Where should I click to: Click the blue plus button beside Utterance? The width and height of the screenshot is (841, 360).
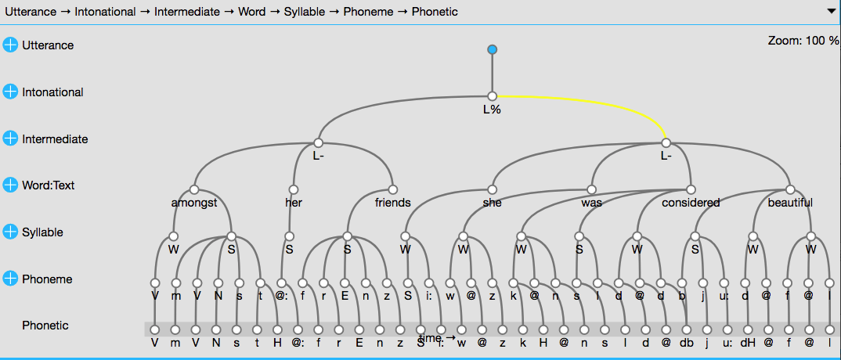(10, 45)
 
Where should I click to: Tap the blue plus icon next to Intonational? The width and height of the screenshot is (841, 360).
(10, 92)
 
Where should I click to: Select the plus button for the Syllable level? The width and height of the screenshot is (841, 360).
(10, 232)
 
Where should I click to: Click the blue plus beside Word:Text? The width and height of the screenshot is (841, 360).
(10, 185)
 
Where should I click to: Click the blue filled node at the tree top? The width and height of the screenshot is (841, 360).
(492, 50)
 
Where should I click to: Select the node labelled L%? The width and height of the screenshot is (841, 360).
(492, 97)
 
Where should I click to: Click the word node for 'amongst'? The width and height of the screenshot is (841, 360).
(194, 189)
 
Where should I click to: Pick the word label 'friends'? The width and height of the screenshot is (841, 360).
(392, 203)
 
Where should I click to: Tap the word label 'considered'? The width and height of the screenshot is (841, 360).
(690, 203)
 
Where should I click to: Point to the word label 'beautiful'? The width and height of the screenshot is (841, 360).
(789, 203)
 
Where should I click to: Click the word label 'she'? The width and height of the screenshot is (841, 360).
(492, 203)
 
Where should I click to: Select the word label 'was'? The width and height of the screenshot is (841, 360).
(591, 203)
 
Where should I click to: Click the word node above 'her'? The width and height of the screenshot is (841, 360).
(294, 189)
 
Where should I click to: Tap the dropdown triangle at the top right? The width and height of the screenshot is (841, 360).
(831, 12)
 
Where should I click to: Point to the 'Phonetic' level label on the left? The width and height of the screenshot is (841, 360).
(45, 326)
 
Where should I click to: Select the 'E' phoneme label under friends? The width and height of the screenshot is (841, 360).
(345, 296)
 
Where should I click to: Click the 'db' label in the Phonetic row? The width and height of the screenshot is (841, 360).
(686, 343)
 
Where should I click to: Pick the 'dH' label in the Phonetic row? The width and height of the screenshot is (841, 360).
(748, 343)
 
